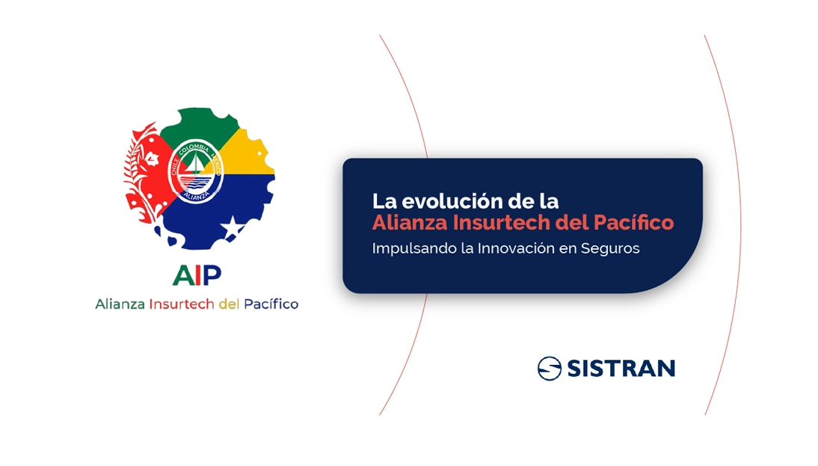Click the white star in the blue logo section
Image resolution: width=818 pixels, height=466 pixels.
point(232,225)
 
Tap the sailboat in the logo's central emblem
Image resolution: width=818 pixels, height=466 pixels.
point(195,164)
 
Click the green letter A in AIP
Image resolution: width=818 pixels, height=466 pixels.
point(184,275)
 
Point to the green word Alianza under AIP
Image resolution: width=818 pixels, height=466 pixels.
point(120,304)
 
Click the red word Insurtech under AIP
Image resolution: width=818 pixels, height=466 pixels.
point(182,304)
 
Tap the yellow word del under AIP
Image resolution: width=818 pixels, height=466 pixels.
point(229,304)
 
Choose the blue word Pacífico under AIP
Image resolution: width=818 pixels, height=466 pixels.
point(271,304)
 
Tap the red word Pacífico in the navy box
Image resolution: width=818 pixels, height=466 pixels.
point(633,223)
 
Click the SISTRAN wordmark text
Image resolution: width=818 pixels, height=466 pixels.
point(621,369)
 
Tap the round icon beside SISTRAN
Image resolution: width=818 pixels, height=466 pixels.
point(550,369)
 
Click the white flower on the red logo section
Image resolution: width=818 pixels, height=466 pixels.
point(151,158)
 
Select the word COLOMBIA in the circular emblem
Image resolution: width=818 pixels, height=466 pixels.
point(194,148)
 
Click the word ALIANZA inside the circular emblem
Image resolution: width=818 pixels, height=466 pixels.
point(196,195)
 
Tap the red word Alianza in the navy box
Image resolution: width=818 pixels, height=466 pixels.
point(410,223)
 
